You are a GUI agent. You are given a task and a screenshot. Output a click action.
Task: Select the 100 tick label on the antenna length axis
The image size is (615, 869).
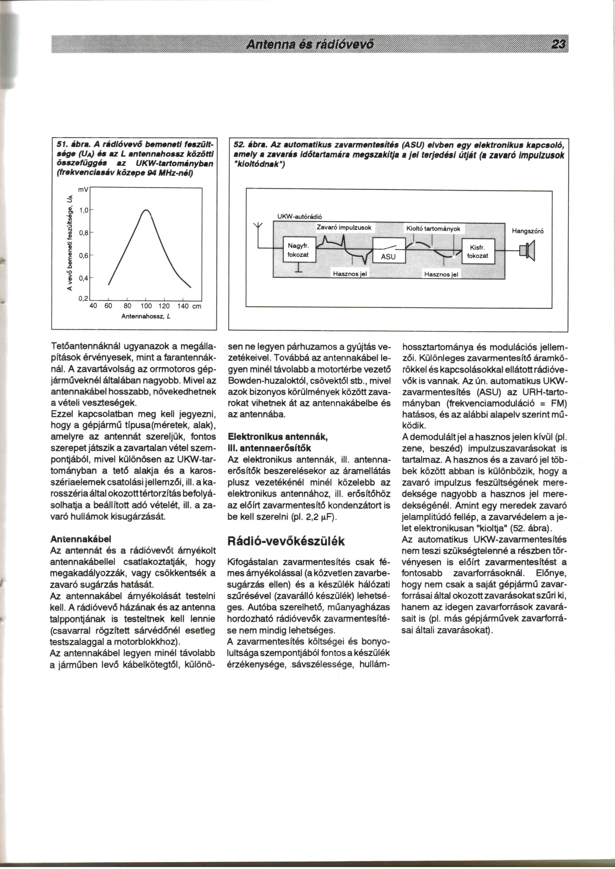146,306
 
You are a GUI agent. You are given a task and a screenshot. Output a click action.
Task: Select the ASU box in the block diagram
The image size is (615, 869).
389,251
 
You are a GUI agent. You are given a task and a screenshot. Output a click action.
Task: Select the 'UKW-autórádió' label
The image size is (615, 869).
300,217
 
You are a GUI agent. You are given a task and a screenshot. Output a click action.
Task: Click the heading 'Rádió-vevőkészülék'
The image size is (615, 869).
286,541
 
